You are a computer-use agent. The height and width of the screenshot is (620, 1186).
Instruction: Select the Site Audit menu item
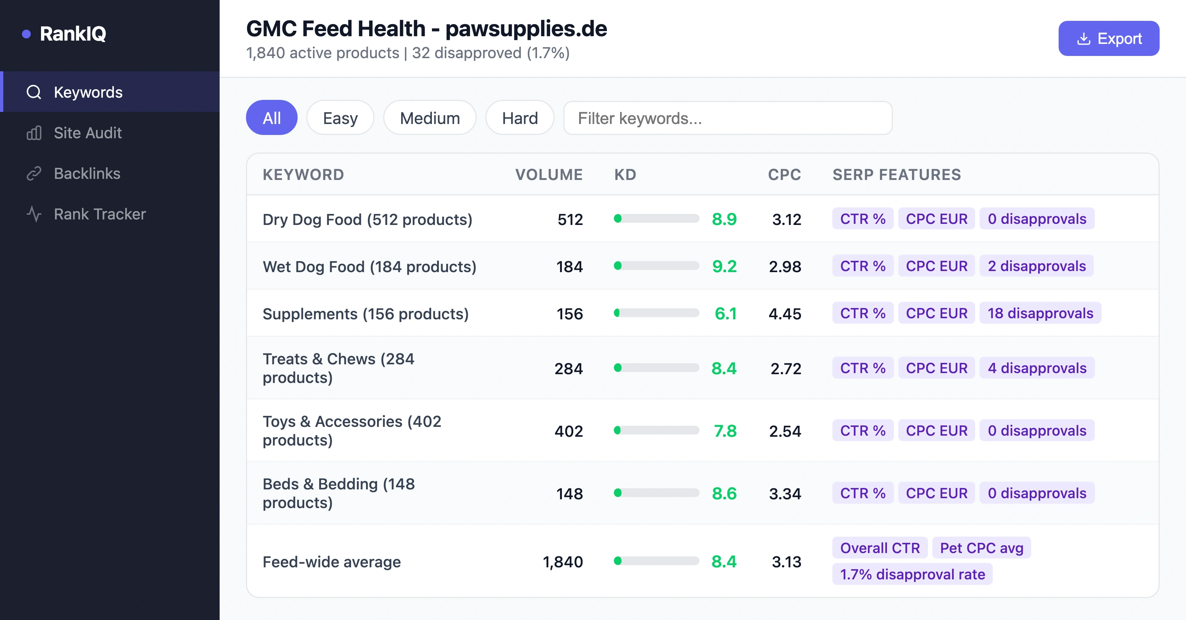(87, 133)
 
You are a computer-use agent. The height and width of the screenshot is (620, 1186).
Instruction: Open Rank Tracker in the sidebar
(100, 214)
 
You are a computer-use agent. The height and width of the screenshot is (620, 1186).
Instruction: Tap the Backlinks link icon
(34, 173)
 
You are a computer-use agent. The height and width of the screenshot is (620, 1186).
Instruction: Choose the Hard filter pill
(519, 118)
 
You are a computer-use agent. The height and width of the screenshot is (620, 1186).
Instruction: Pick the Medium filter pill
(429, 118)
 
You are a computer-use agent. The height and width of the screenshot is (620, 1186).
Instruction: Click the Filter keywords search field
(727, 118)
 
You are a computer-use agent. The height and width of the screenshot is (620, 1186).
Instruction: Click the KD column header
(625, 175)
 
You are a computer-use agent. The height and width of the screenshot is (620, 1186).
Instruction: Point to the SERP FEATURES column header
(896, 175)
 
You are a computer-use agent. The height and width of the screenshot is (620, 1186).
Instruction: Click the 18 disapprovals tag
(1040, 313)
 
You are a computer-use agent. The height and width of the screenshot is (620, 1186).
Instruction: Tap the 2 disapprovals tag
(1036, 266)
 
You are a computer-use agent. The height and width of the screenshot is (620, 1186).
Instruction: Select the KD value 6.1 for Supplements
(725, 314)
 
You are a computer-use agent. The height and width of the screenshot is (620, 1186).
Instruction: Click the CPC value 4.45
(784, 314)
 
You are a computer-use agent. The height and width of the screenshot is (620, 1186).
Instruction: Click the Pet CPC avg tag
(981, 548)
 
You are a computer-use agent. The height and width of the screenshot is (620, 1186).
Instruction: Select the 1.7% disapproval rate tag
(912, 575)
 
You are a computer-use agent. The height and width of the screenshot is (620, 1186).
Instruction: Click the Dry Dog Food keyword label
(367, 219)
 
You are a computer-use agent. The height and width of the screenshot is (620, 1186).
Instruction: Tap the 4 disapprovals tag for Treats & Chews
(1037, 368)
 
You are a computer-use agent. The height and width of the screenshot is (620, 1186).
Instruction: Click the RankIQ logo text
(73, 34)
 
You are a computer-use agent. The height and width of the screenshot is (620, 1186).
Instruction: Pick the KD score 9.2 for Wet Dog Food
(724, 266)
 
